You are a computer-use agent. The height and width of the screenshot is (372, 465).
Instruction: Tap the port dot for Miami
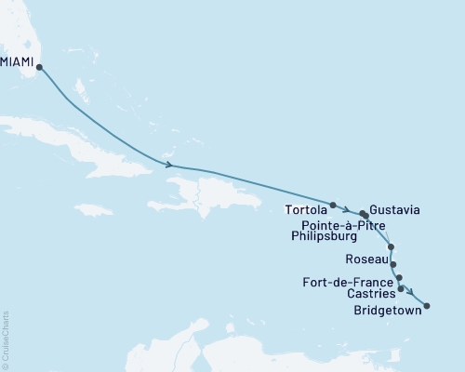coord(39,66)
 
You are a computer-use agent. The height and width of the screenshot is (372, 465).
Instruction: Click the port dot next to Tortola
coord(332,204)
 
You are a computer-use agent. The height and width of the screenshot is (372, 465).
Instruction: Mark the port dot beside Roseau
coord(392,263)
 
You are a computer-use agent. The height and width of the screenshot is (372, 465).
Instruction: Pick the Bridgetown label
coord(388,312)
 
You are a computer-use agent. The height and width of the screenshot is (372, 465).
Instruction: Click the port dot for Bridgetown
coord(427,304)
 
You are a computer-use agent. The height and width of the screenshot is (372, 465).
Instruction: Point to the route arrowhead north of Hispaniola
coord(168,165)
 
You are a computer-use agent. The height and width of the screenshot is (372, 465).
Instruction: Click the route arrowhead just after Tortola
coord(346,209)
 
